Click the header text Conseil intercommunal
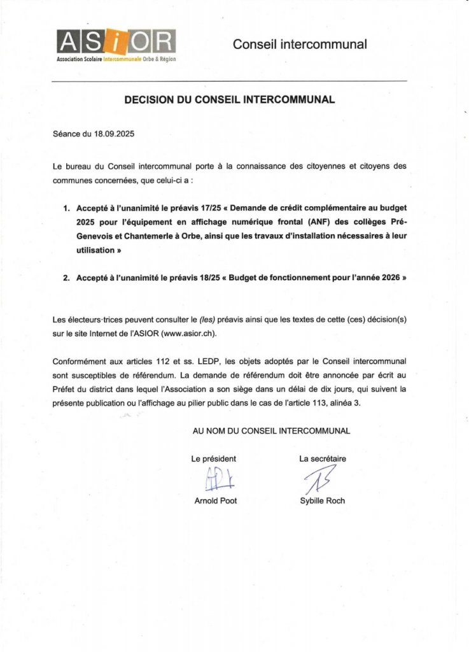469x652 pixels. point(300,45)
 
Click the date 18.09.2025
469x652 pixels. point(114,134)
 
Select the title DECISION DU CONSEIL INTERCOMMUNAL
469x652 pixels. point(228,100)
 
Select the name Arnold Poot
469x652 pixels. point(215,501)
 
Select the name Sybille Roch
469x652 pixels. point(322,501)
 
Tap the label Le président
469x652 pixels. point(214,458)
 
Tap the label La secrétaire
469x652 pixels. point(323,458)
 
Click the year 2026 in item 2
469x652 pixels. point(387,279)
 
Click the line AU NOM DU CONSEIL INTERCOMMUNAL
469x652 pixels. point(271,431)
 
